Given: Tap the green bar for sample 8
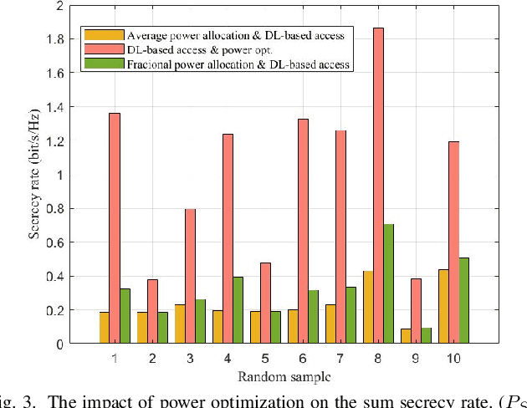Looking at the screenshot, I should point(389,283).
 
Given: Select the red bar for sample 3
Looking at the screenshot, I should point(190,276).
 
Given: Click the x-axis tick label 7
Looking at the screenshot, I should point(341,358).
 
